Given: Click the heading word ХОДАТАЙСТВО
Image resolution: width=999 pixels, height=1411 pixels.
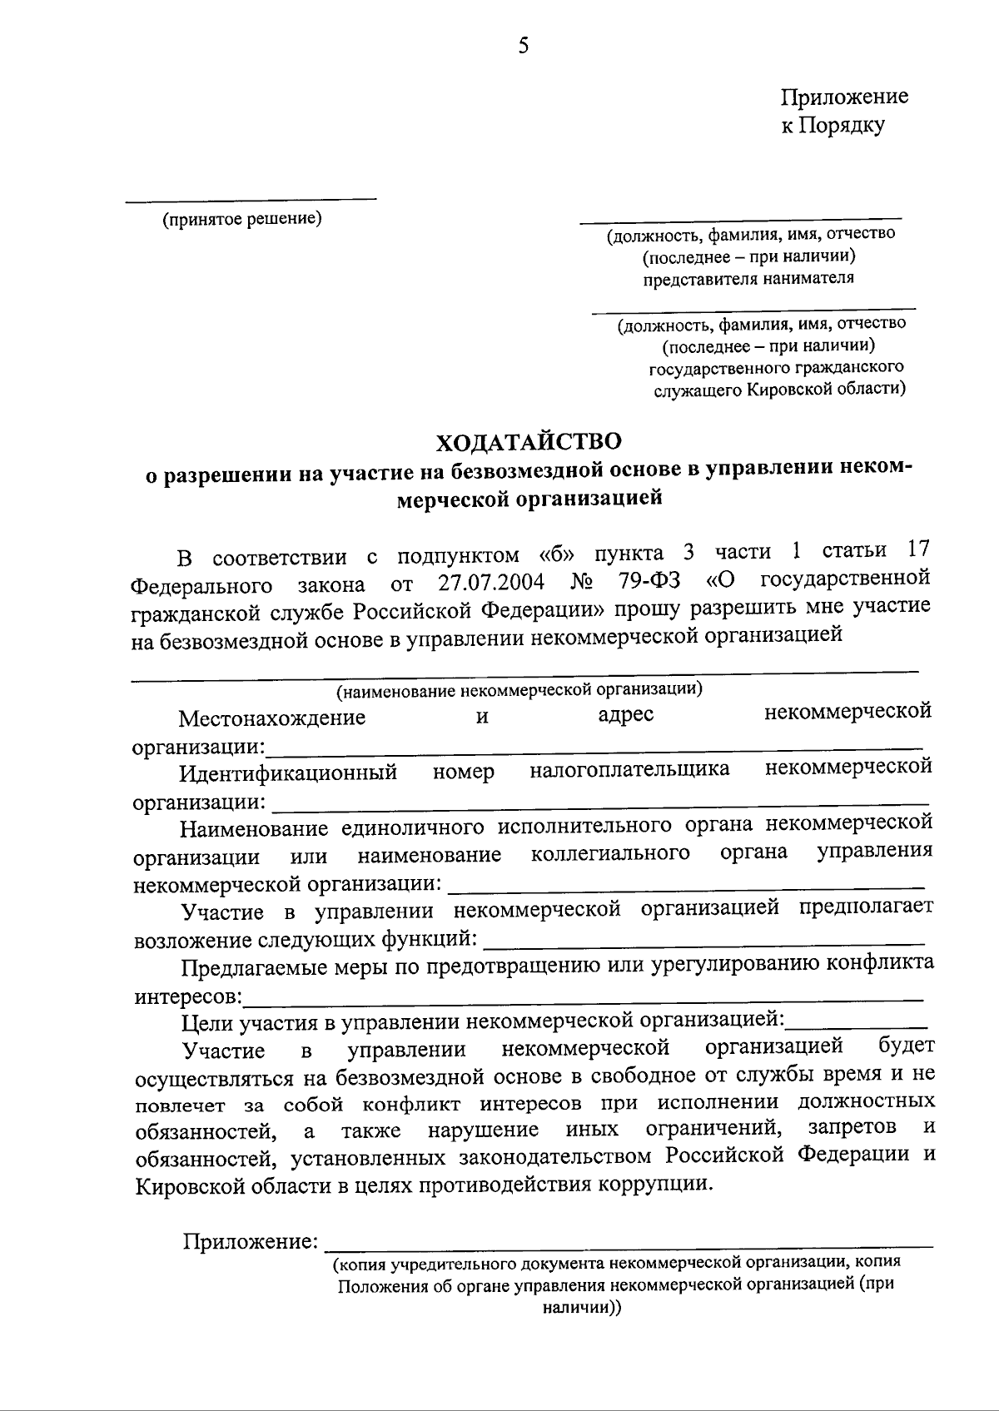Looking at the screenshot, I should tap(529, 440).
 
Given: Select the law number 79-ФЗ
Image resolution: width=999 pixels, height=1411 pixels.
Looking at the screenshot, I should tap(649, 579).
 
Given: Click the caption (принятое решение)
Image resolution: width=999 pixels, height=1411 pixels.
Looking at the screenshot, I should tap(242, 219).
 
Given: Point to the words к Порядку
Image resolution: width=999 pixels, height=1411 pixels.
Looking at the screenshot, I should tap(832, 127).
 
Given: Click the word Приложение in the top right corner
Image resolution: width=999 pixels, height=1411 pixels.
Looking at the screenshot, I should tap(843, 97).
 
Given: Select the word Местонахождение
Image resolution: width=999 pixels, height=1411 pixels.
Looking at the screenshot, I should tap(272, 717).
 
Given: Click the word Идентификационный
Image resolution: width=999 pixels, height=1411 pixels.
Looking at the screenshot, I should tap(288, 773).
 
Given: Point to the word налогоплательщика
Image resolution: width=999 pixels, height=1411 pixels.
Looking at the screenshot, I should tap(629, 769).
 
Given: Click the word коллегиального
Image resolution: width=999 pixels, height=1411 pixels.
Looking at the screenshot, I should tap(610, 853).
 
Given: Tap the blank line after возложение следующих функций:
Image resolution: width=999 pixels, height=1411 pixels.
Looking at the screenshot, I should tap(703, 944).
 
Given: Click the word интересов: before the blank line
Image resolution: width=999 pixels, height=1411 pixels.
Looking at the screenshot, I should tap(189, 996).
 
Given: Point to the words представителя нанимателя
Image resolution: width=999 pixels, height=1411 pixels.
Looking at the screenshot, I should tap(748, 278).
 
